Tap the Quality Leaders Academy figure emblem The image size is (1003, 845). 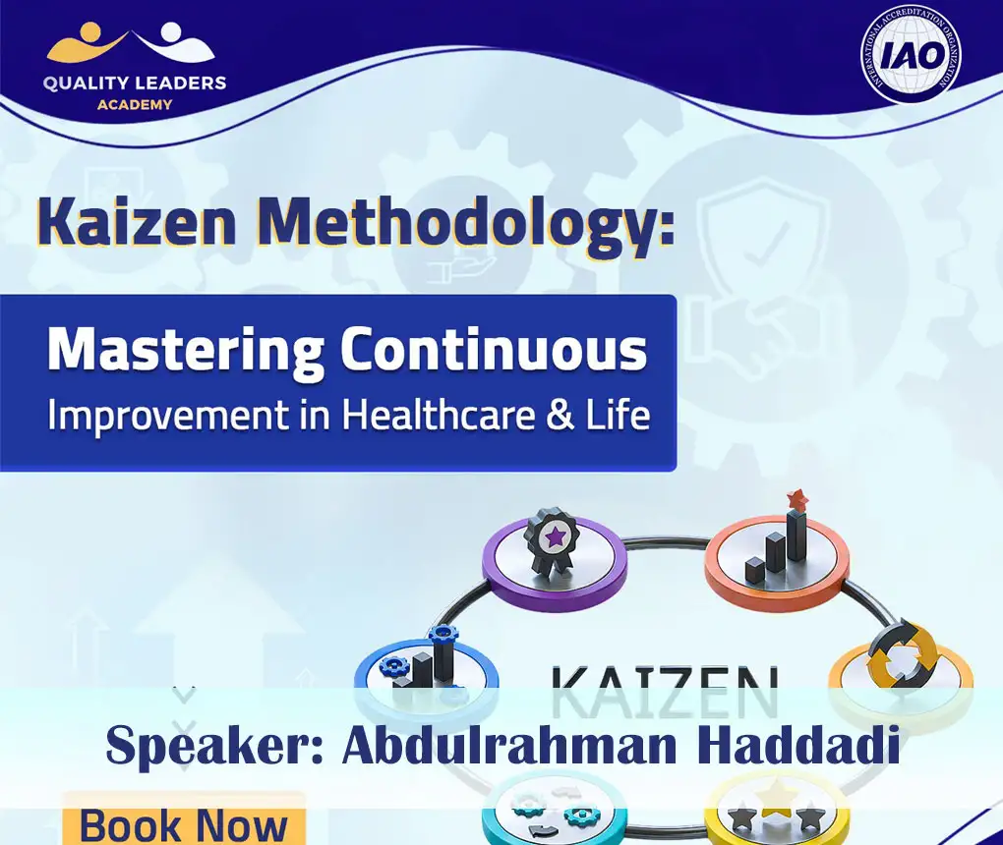pos(130,43)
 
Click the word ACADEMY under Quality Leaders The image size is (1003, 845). pos(135,104)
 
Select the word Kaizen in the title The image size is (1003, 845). pos(138,224)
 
